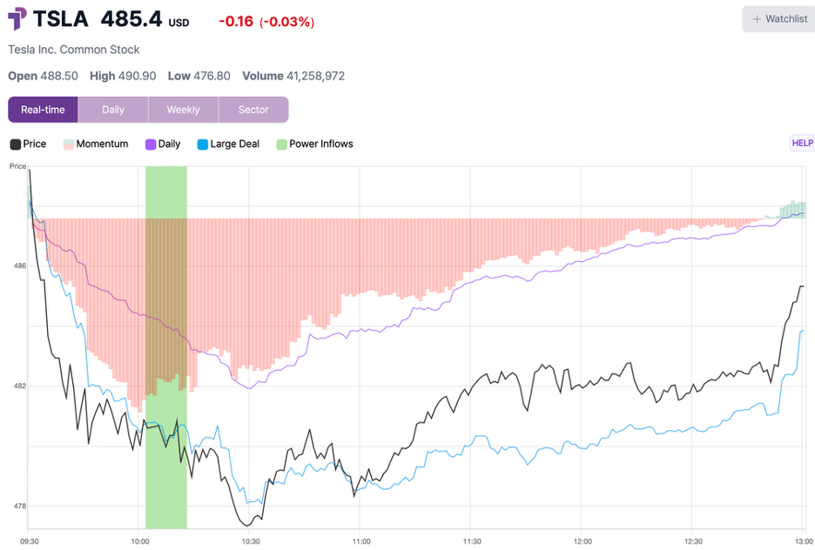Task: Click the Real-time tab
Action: (x=43, y=110)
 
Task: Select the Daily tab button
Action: (x=113, y=110)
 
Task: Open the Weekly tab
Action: (x=183, y=110)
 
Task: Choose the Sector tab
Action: (x=253, y=110)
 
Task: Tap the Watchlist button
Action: (x=778, y=19)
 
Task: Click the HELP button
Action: (x=802, y=143)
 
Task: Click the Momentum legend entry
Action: (x=96, y=144)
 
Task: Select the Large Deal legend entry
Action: (x=228, y=144)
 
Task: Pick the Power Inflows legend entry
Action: (x=314, y=144)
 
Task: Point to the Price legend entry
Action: (x=28, y=144)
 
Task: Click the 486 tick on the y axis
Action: (x=20, y=266)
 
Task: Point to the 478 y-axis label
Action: (x=20, y=506)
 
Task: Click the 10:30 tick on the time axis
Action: (x=251, y=541)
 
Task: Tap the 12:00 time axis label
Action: (x=583, y=541)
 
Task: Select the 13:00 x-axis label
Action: (x=805, y=541)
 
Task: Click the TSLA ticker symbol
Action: (x=60, y=19)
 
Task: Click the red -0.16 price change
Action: (x=236, y=21)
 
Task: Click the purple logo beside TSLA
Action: (x=17, y=18)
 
